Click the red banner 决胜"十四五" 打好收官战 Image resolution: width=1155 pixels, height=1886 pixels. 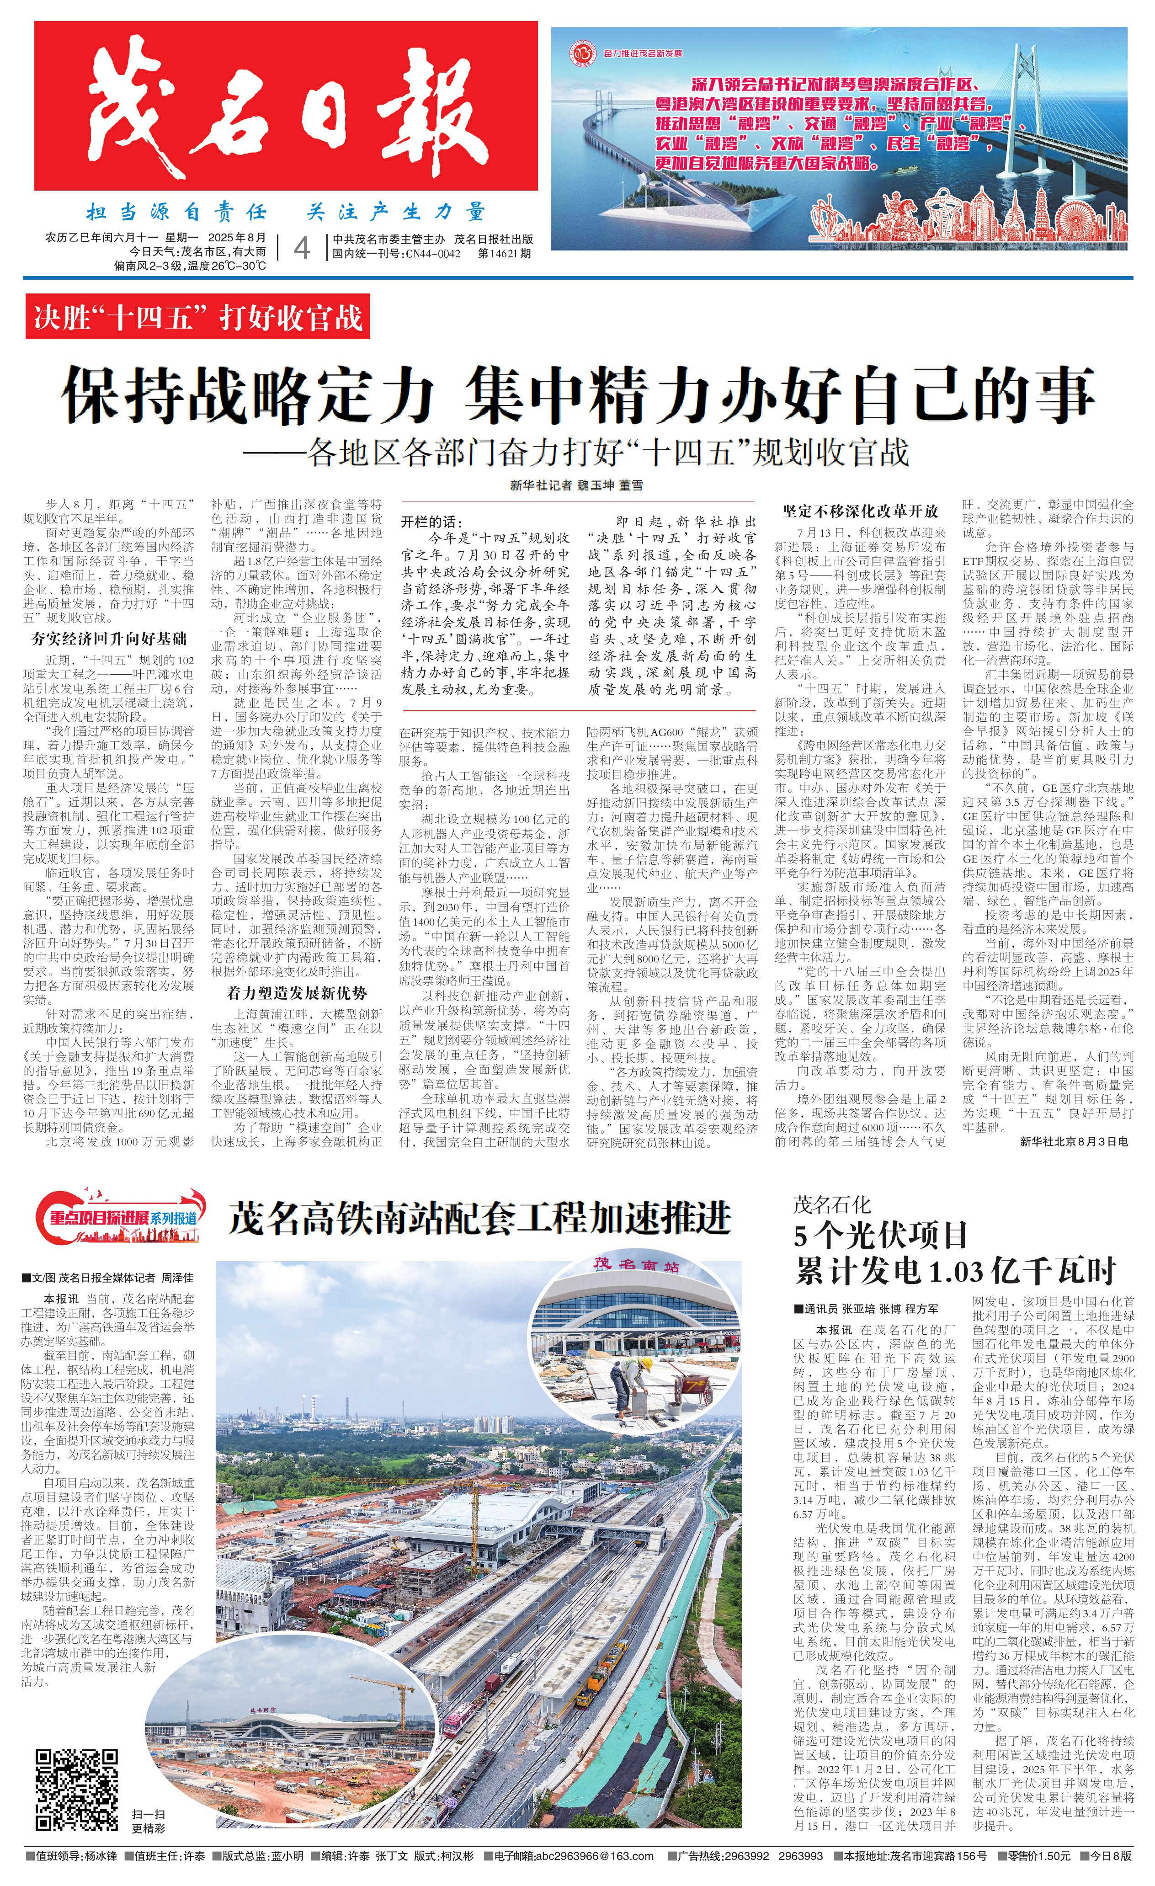(197, 316)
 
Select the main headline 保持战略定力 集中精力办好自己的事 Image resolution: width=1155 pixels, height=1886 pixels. (577, 395)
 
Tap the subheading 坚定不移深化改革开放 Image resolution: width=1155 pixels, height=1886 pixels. (860, 511)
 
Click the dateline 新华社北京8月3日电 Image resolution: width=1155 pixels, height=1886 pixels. (1074, 1140)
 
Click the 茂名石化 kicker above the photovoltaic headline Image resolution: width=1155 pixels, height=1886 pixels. (831, 1205)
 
